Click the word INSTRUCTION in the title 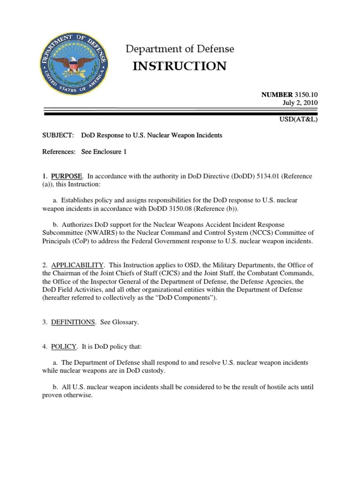tap(180, 66)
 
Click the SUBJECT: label tap(58, 135)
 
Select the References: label tap(59, 152)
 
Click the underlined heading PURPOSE tap(67, 176)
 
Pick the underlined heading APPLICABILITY tap(77, 266)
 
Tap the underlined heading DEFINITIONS tap(73, 322)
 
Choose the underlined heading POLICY tap(64, 347)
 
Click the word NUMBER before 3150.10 tap(277, 95)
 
